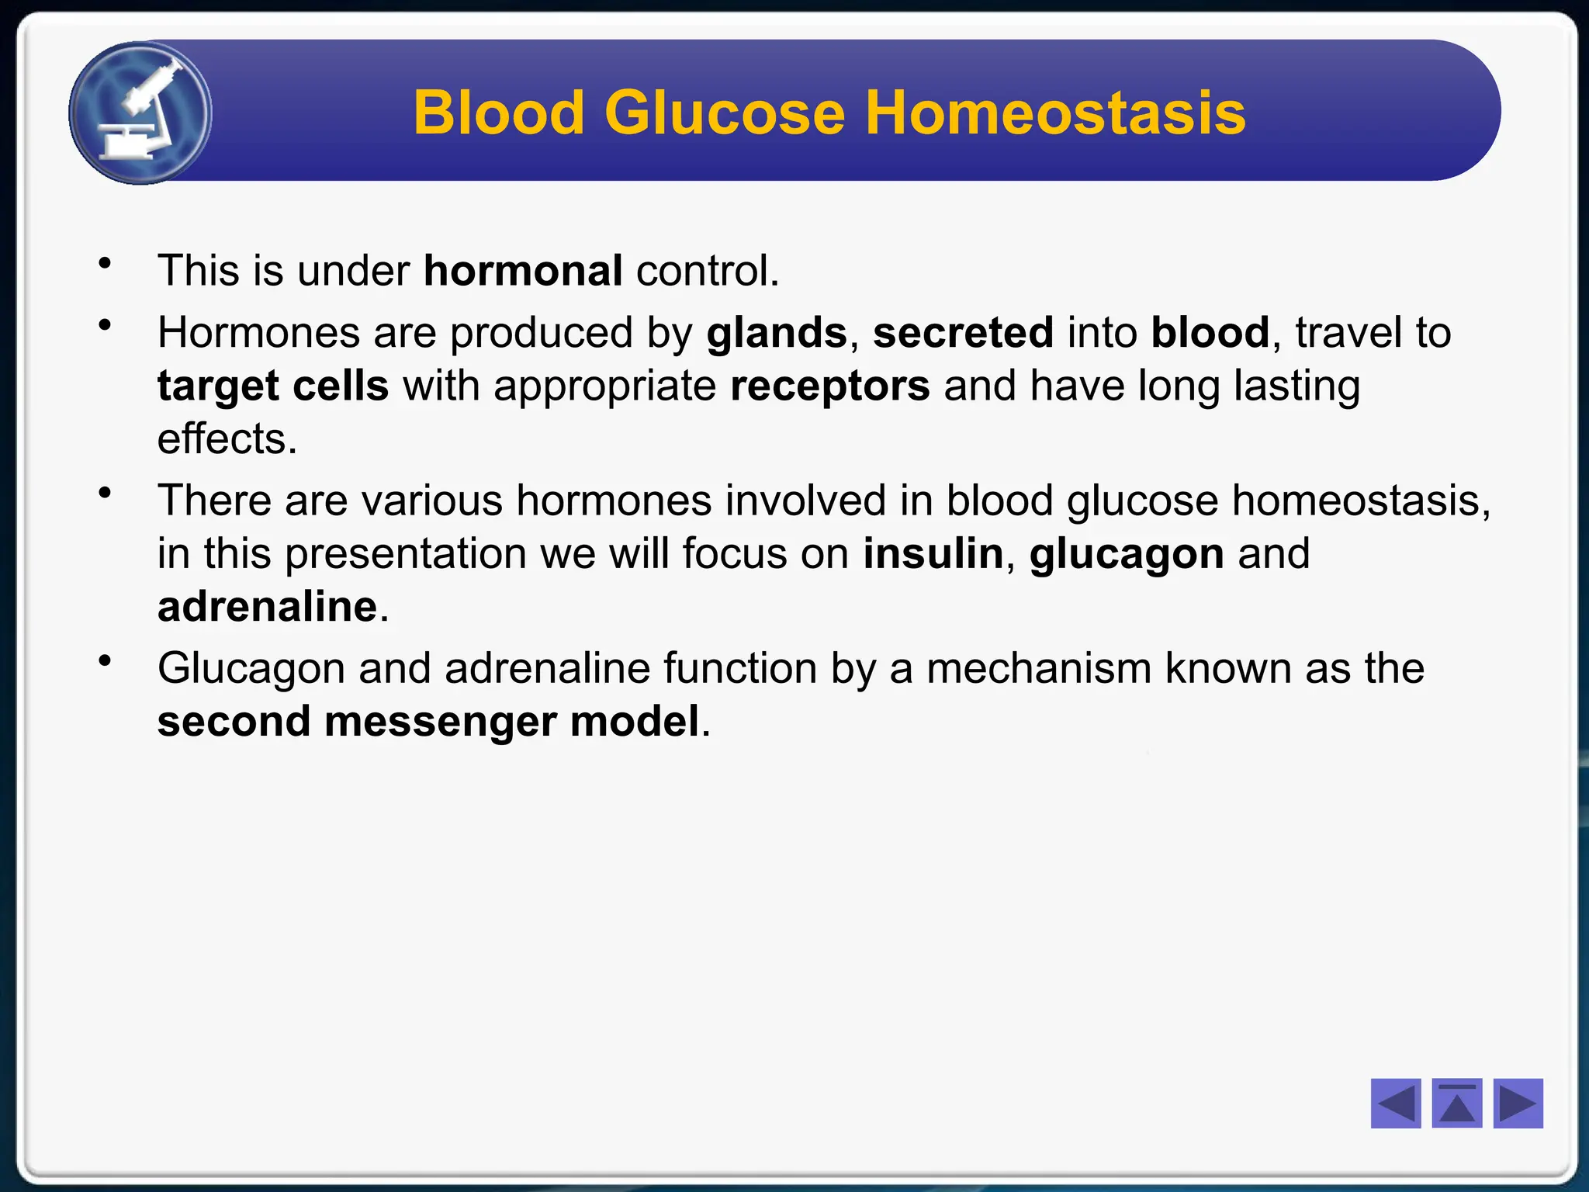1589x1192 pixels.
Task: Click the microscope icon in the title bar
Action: point(140,113)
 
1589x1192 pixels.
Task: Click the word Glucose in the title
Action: point(724,113)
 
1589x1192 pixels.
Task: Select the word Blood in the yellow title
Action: point(498,113)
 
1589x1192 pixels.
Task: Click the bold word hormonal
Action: point(523,271)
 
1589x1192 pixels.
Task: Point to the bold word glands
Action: point(777,334)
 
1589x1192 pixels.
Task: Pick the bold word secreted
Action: point(963,333)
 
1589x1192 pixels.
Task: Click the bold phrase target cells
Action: point(272,386)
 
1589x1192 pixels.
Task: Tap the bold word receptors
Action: point(829,386)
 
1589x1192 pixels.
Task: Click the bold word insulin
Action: point(933,554)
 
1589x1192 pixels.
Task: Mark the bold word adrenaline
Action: point(267,607)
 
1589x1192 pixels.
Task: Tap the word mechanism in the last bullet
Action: point(1038,669)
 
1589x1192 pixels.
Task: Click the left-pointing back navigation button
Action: point(1395,1103)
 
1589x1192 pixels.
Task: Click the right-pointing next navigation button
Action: point(1518,1103)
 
